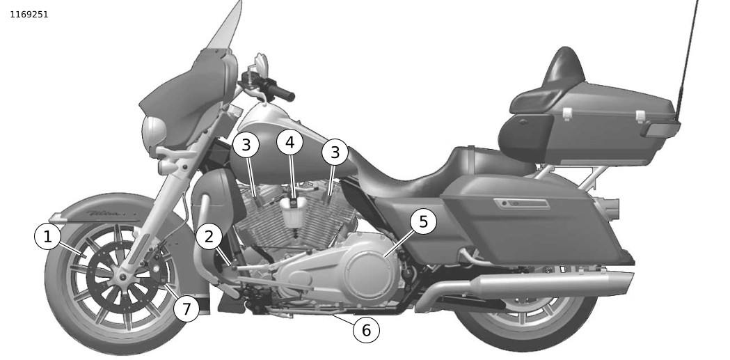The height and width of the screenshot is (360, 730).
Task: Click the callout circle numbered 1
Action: pos(47,237)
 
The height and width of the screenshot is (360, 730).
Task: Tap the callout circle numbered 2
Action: pos(209,237)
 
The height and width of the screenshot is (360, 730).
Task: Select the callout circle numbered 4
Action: pos(290,143)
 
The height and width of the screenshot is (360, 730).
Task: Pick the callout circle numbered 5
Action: pos(423,221)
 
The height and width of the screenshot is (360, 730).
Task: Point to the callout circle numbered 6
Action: pos(367,330)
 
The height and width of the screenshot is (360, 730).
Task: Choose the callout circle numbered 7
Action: pos(187,308)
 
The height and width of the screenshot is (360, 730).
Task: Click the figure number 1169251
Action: pos(29,15)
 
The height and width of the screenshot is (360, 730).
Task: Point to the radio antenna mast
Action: pos(686,60)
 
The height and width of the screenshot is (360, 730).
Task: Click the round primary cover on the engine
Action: pos(370,270)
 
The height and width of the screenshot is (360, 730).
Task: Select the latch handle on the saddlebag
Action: pos(521,203)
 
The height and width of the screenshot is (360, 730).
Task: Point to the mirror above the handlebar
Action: pos(261,63)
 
